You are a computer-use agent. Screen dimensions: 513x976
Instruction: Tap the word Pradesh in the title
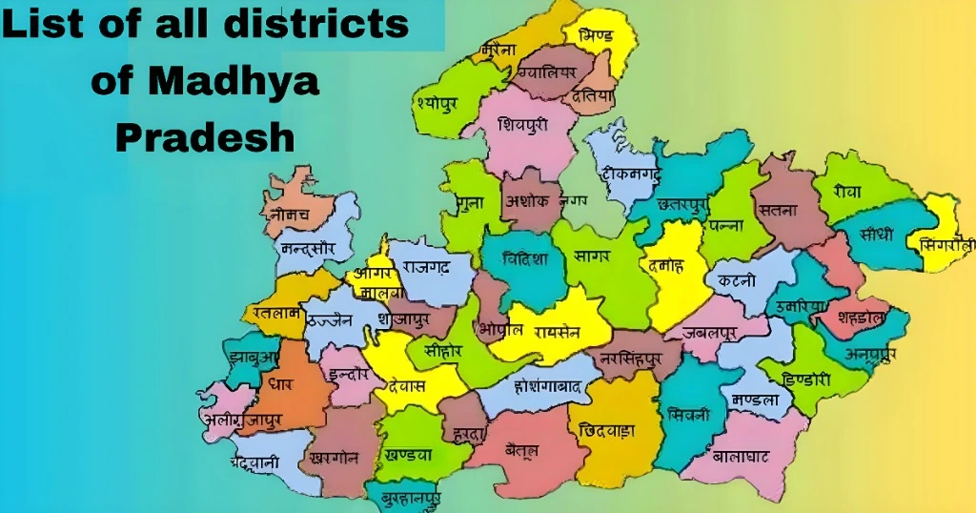tap(205, 138)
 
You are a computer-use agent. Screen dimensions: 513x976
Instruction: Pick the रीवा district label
tap(845, 192)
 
